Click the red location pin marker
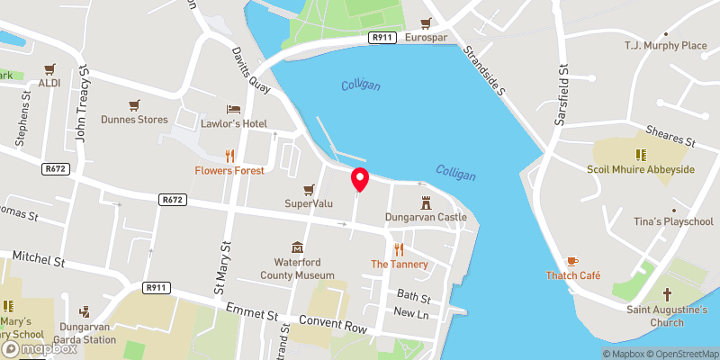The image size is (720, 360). tap(360, 179)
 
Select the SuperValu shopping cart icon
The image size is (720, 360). tap(310, 189)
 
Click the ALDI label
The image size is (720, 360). tap(49, 83)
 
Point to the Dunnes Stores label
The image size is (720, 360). tap(134, 119)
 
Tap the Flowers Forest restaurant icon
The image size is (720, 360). tap(229, 155)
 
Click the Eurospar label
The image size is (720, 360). tap(426, 37)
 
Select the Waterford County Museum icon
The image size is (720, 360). tap(297, 247)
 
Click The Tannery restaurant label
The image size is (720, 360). tap(398, 264)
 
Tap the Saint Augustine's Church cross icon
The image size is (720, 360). tap(668, 294)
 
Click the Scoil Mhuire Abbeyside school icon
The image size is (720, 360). tap(641, 155)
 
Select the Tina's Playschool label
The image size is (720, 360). tap(674, 221)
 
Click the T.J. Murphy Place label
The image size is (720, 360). tap(666, 45)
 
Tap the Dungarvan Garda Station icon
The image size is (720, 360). tap(85, 312)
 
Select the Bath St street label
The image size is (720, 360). tap(414, 296)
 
